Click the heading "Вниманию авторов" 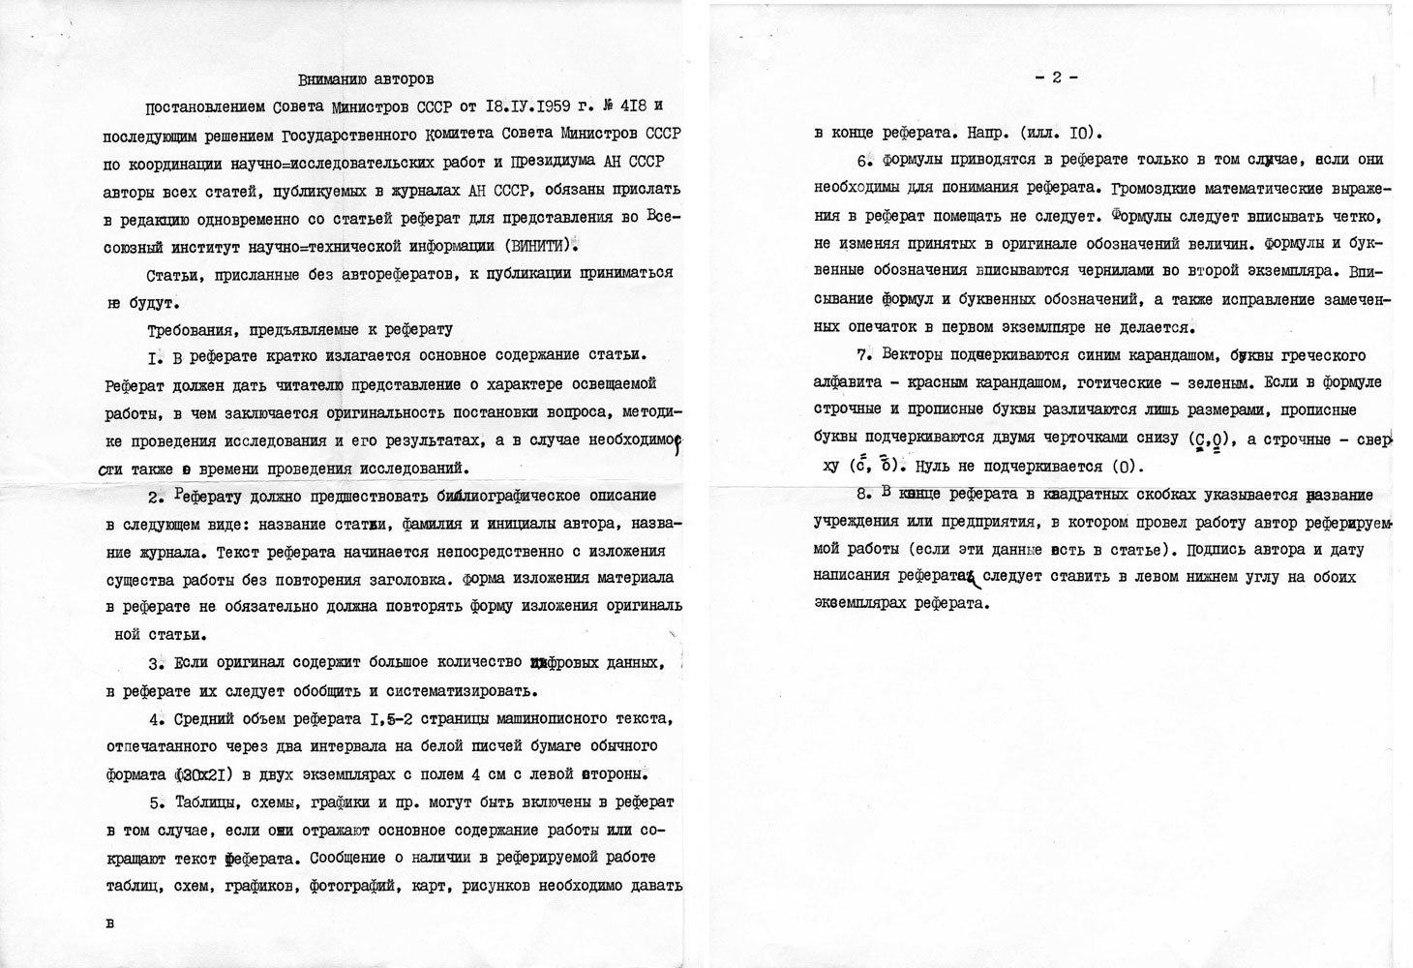tap(365, 77)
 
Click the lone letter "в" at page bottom tap(109, 923)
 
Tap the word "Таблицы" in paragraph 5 tap(212, 802)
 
